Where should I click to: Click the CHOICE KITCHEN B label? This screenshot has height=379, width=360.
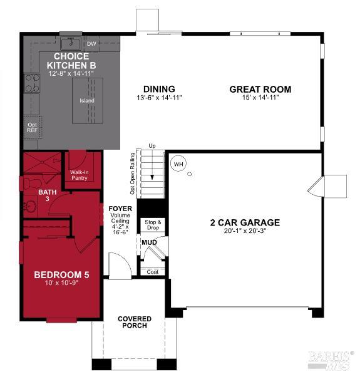pos(71,61)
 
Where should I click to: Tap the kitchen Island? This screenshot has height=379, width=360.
pos(86,101)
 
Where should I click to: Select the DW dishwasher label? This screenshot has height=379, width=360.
pos(91,44)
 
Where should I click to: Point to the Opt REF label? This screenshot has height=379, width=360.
pos(32,128)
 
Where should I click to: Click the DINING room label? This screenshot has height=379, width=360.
pos(158,89)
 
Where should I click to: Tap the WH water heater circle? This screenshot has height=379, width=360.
pos(179,164)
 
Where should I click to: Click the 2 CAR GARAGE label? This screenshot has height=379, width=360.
pos(245,222)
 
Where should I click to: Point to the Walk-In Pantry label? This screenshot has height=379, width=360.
pos(79,175)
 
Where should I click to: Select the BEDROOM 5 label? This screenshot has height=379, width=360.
pos(60,275)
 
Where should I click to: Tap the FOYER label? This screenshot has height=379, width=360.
pos(120,209)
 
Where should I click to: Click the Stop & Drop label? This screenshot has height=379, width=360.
pos(153,225)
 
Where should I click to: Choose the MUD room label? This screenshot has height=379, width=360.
pos(149,242)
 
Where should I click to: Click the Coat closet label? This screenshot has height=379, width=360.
pos(152,272)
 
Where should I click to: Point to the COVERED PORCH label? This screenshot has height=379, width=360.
pos(135,322)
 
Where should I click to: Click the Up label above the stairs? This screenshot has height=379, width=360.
pos(152,146)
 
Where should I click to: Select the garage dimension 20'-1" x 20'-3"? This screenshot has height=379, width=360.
pos(245,232)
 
